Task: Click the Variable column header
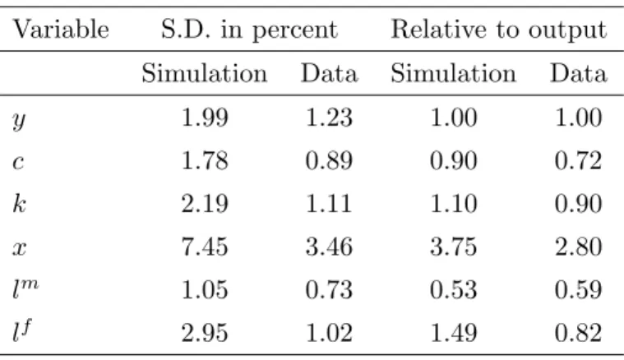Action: [x=61, y=30]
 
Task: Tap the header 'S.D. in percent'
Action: [x=249, y=30]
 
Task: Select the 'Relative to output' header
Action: [x=499, y=30]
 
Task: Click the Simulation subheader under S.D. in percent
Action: [x=205, y=74]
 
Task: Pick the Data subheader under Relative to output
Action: [x=579, y=74]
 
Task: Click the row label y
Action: [x=19, y=120]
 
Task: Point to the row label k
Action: [x=19, y=203]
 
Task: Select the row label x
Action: [x=20, y=248]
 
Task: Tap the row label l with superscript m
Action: [x=25, y=289]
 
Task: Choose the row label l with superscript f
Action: [x=22, y=331]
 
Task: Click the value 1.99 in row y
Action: [x=205, y=118]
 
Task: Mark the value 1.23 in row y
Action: [x=329, y=118]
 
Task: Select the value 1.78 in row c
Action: [x=205, y=161]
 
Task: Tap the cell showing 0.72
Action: [x=578, y=161]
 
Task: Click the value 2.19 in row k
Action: [x=205, y=204]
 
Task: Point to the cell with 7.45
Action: [x=205, y=247]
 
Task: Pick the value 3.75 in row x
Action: [x=454, y=247]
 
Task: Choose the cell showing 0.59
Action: [x=578, y=289]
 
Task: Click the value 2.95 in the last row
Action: [x=205, y=333]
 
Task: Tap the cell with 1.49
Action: [x=454, y=333]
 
